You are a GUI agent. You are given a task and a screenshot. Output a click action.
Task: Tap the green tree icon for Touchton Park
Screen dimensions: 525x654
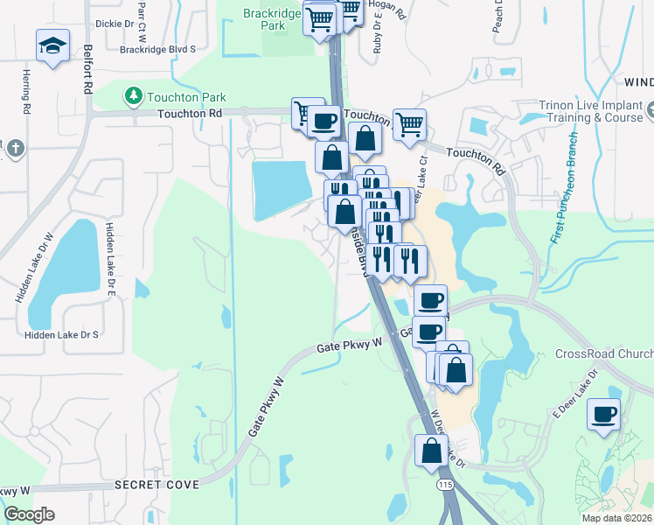coord(133,95)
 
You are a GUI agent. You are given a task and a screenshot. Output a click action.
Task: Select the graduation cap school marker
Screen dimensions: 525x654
coord(52,45)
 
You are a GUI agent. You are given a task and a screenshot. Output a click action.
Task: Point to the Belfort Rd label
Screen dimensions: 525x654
coord(87,71)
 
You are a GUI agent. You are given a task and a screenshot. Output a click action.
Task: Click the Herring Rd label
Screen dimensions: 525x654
coord(27,90)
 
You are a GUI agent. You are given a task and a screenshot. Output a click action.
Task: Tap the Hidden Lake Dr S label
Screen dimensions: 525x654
coord(61,335)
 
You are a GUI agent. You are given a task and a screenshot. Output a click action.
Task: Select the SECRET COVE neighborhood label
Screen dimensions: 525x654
coord(157,484)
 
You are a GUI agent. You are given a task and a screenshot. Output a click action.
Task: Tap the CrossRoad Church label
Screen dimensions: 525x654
coord(604,354)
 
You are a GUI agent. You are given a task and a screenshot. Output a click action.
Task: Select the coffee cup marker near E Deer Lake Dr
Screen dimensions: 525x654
coord(603,414)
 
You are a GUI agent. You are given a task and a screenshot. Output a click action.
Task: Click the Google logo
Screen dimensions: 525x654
coord(29,514)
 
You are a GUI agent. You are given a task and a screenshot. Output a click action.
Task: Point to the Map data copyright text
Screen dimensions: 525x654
coord(616,518)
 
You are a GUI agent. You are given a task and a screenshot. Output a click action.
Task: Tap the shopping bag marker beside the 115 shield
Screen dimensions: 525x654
coord(431,451)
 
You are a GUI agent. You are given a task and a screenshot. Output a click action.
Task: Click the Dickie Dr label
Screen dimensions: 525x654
coord(114,24)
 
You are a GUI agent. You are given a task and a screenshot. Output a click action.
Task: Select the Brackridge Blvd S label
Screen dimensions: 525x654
coord(158,50)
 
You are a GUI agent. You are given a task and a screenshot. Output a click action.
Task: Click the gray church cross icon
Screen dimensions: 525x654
coord(13,148)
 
